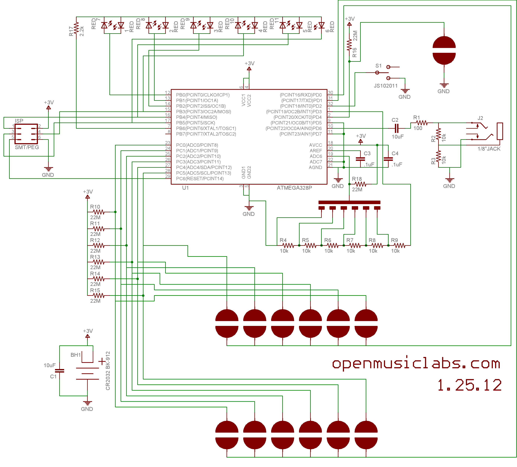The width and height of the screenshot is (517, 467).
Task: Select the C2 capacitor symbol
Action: (396, 128)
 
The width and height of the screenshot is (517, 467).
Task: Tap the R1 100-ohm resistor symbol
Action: (422, 123)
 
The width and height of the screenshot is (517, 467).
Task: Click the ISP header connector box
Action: (26, 134)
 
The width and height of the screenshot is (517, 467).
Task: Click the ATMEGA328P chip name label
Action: (294, 188)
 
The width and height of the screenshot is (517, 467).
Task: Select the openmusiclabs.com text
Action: (416, 364)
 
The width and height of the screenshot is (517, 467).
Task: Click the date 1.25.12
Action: (469, 385)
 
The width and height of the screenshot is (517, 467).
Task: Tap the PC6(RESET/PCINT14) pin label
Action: (200, 179)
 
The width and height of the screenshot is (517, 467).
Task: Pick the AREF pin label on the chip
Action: (316, 151)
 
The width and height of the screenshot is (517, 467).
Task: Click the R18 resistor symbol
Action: (361, 184)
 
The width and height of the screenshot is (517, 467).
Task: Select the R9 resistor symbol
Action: (400, 246)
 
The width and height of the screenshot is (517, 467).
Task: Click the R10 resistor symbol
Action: (99, 212)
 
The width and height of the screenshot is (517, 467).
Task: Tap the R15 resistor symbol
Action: (99, 296)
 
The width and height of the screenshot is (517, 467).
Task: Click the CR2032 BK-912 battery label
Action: (108, 371)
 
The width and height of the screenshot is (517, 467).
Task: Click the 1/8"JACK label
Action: (489, 149)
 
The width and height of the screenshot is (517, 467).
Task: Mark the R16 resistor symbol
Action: (349, 45)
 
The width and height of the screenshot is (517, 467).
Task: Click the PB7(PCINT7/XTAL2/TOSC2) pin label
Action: (206, 134)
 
